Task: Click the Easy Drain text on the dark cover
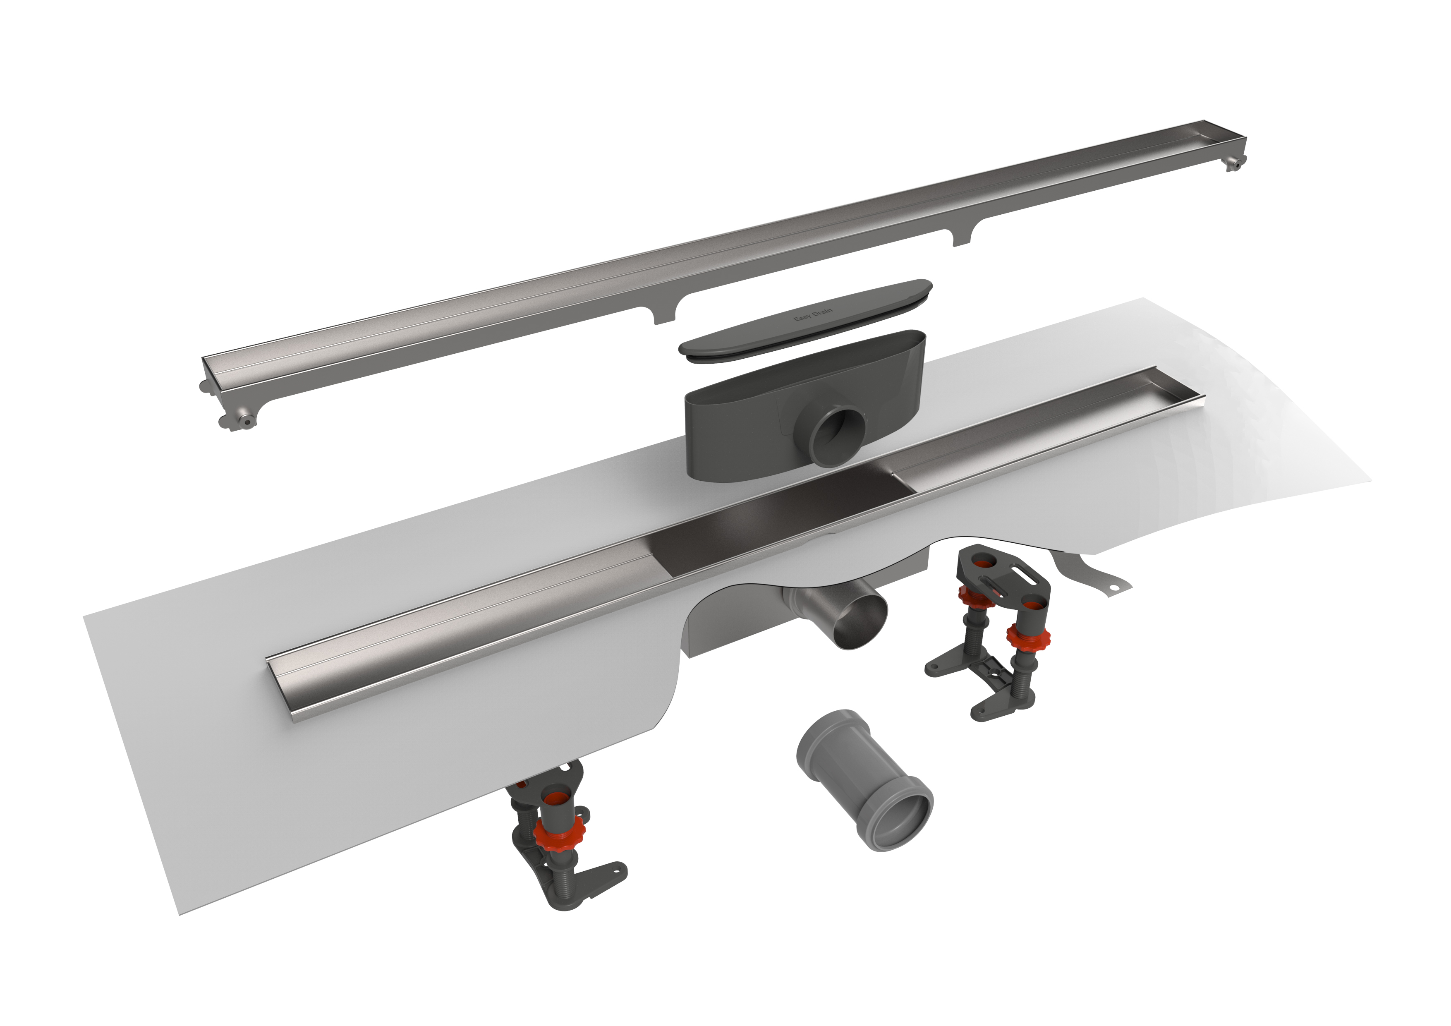coord(813,314)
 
